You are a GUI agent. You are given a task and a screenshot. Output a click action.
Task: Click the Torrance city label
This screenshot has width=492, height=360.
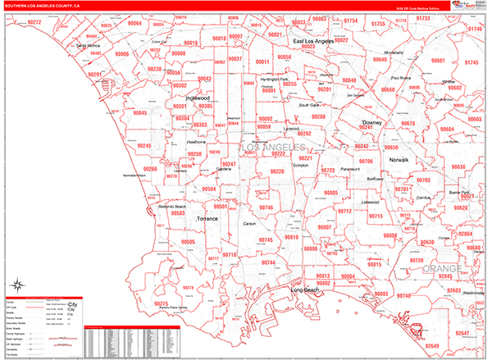(208, 220)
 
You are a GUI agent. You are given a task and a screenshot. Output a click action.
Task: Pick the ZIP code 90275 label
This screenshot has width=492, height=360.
(161, 304)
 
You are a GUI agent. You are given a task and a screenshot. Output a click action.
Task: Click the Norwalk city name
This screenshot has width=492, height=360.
(398, 159)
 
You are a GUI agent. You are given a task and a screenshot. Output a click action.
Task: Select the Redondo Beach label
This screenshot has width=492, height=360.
(172, 207)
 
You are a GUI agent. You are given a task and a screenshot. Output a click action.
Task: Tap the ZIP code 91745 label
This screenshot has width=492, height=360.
(471, 62)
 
